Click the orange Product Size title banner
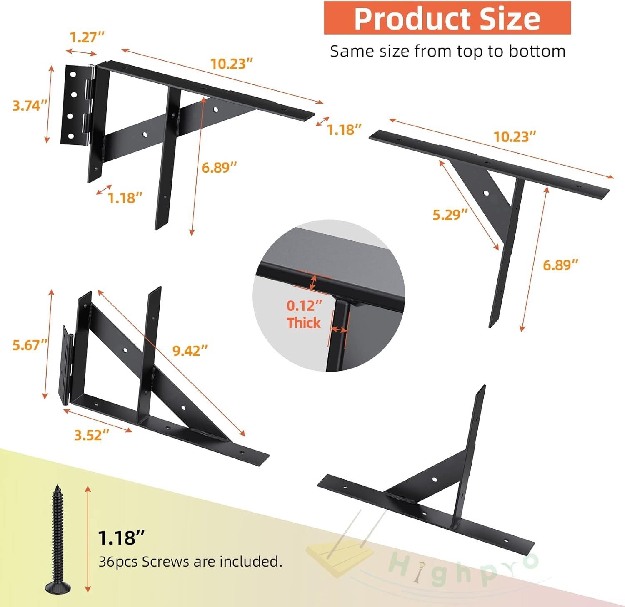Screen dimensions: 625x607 tap(447, 17)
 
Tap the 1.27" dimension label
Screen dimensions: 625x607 tap(87, 37)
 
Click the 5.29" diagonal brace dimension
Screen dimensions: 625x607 tap(450, 215)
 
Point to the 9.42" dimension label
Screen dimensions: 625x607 tap(190, 351)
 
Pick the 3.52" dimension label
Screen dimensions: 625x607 tap(92, 435)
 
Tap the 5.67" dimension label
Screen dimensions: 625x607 tap(30, 345)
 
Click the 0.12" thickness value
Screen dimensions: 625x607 tap(305, 306)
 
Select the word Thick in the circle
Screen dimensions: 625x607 tap(304, 323)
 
